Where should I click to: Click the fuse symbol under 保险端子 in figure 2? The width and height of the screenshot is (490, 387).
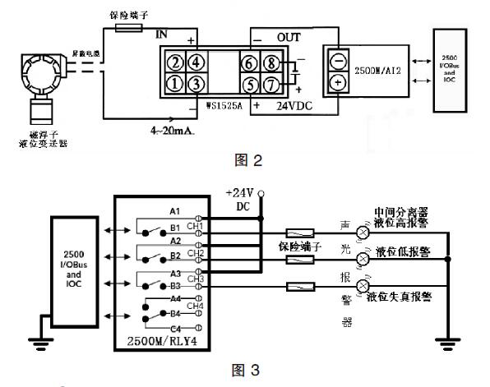pyautogui.click(x=130, y=27)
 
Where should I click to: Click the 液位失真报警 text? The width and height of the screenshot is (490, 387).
pyautogui.click(x=403, y=296)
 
